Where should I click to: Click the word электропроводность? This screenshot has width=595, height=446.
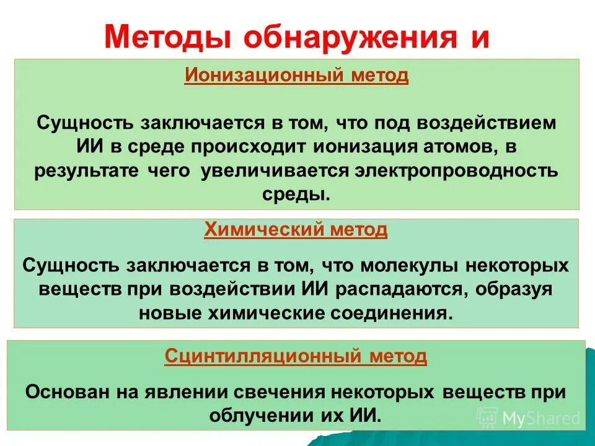[x=456, y=170]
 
